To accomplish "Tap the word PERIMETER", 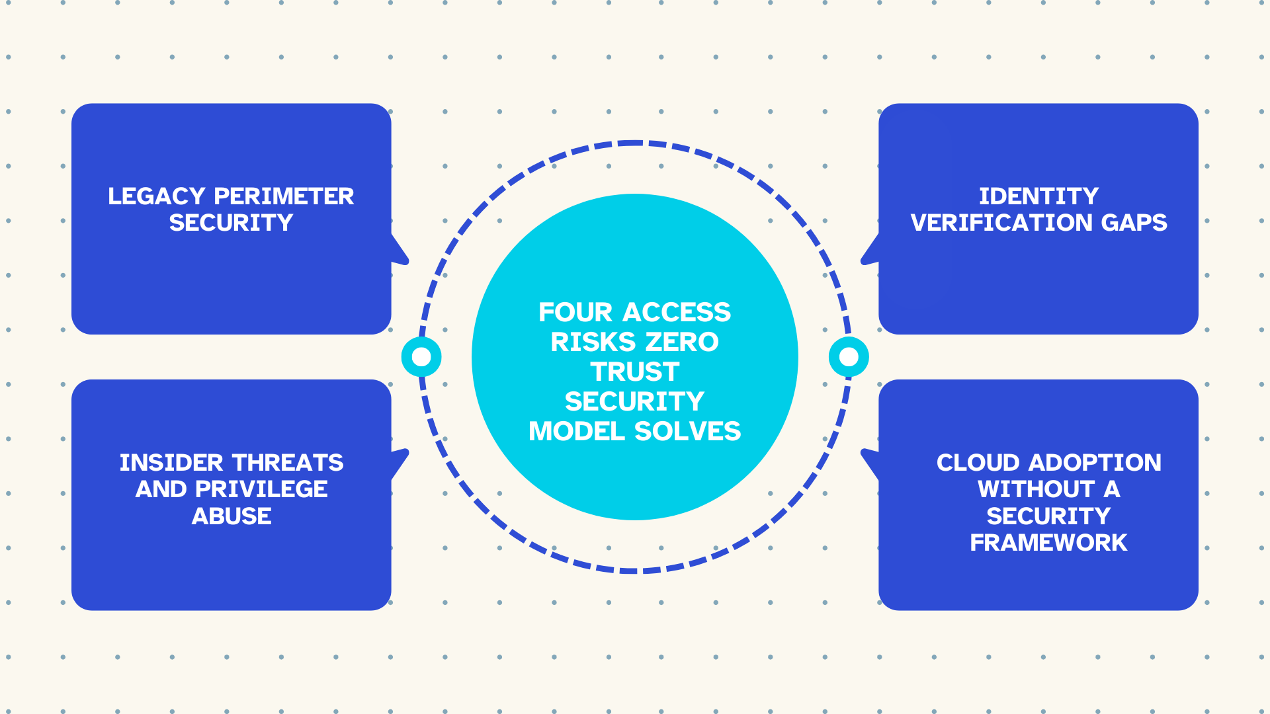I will click(284, 196).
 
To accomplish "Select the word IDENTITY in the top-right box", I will click(1038, 196).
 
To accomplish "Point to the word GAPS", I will click(1134, 223).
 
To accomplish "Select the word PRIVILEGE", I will click(261, 489).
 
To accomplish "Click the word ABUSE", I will click(232, 516).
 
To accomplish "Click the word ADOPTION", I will click(1095, 463).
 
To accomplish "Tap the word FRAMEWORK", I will click(1048, 543).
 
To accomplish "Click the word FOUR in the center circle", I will click(575, 312).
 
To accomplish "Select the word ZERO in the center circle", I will click(682, 342).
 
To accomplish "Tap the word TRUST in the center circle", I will click(635, 372).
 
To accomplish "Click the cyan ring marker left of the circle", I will click(421, 357).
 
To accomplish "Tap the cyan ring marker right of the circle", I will click(849, 357).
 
